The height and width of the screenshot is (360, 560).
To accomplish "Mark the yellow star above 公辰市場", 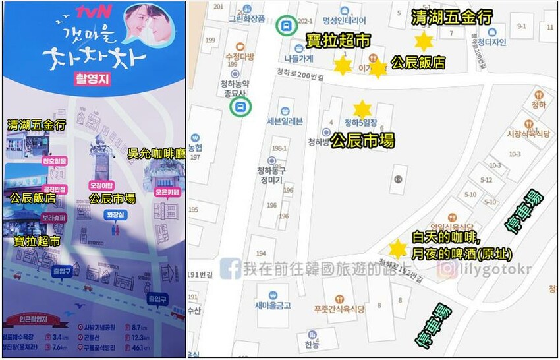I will [x=362, y=109].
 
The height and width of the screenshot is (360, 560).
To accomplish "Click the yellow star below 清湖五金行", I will [x=423, y=42].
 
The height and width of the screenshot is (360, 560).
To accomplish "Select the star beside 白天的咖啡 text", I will [x=397, y=249].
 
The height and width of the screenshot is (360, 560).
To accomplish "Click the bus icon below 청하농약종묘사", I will [x=240, y=107].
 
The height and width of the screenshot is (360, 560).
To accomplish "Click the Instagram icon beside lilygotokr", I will [x=448, y=268].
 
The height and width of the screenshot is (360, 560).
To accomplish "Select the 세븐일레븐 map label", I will [x=285, y=121].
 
